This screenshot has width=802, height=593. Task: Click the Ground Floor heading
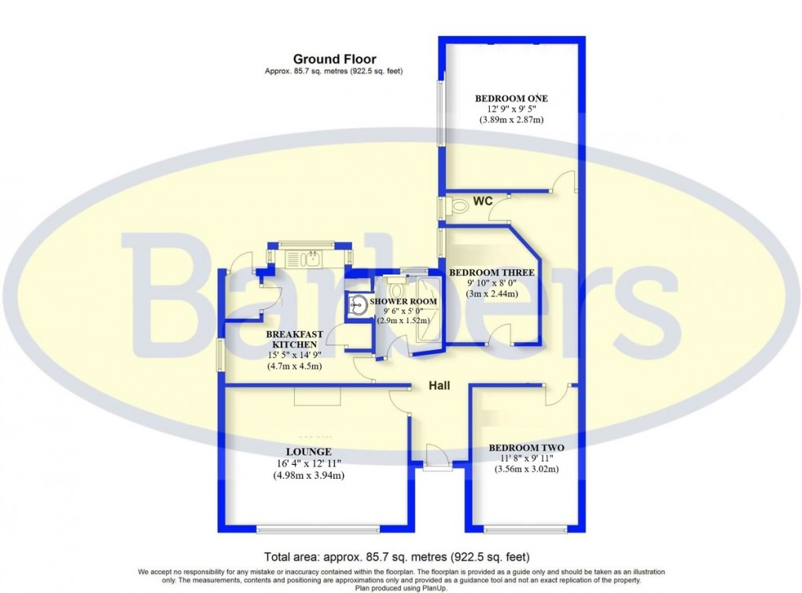click(x=334, y=59)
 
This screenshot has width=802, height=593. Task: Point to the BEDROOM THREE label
click(x=491, y=273)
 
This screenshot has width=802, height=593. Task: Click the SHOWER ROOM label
click(x=403, y=301)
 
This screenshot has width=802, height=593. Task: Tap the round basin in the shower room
click(x=359, y=304)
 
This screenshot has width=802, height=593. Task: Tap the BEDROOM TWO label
click(x=526, y=448)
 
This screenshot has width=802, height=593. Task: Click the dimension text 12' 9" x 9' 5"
click(x=511, y=109)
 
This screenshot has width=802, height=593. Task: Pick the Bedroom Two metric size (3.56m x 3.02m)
click(x=526, y=470)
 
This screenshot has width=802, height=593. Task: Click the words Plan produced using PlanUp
click(x=402, y=587)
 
